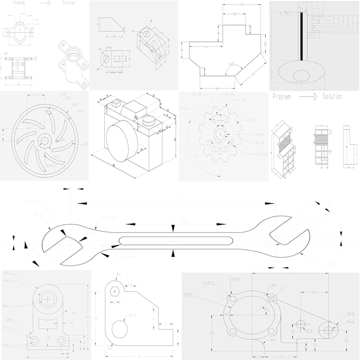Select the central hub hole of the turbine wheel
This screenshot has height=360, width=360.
[44, 140]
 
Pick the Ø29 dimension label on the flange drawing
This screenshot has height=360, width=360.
[309, 330]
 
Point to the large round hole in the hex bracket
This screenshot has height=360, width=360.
[120, 329]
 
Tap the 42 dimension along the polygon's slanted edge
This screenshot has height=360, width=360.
[253, 74]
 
